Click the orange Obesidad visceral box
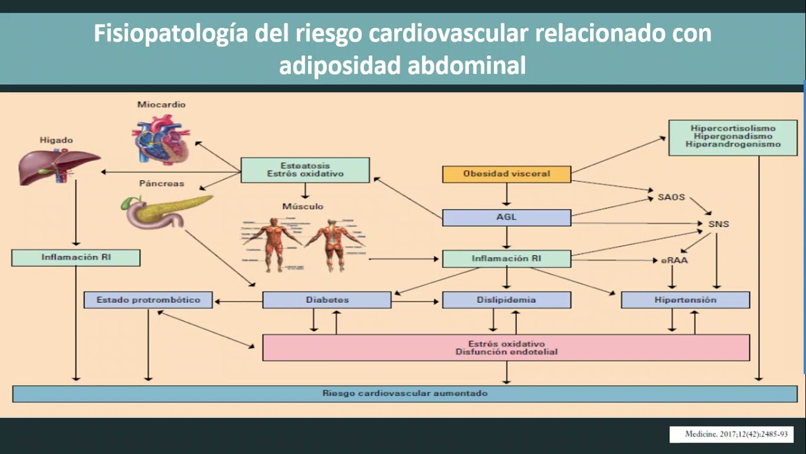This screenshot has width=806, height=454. point(506,174)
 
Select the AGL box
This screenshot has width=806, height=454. point(506,218)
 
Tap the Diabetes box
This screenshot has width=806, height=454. point(327,300)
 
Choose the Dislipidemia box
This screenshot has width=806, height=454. point(506,300)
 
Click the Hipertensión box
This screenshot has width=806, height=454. point(685,300)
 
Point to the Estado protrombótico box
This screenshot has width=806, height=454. point(148,300)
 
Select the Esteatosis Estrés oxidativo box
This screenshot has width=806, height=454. point(305,170)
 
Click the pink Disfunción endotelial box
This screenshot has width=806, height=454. point(506,347)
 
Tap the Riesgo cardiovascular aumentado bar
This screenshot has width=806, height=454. point(405,393)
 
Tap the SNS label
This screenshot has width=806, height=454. point(718,224)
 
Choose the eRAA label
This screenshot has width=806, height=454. point(674,260)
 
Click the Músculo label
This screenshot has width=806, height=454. point(303,206)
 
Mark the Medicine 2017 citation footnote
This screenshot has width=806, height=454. point(730,434)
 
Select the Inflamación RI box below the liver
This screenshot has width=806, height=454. point(76,257)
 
